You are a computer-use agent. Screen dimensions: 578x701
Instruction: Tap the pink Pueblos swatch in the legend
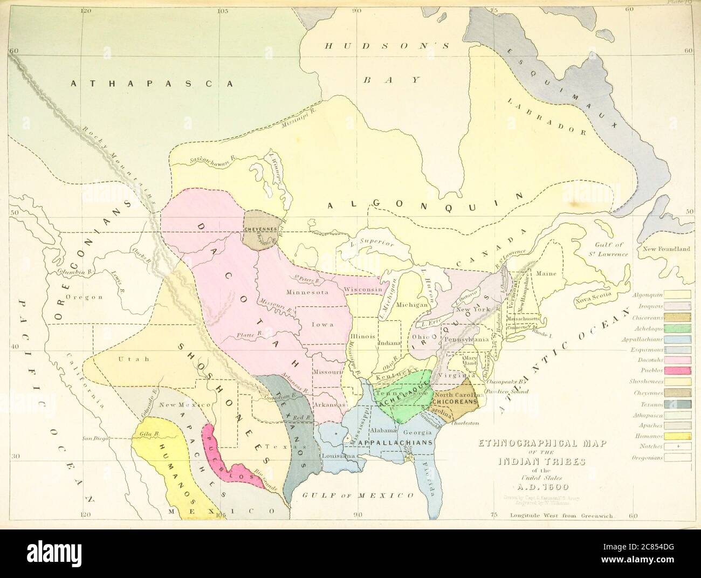coord(677,370)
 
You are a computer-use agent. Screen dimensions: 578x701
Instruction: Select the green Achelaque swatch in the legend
coord(677,328)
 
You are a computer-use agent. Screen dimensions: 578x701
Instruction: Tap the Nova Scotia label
coord(592,297)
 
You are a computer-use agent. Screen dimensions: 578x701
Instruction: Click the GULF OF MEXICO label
coord(358,495)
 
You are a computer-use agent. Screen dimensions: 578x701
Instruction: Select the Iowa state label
coord(322,325)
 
